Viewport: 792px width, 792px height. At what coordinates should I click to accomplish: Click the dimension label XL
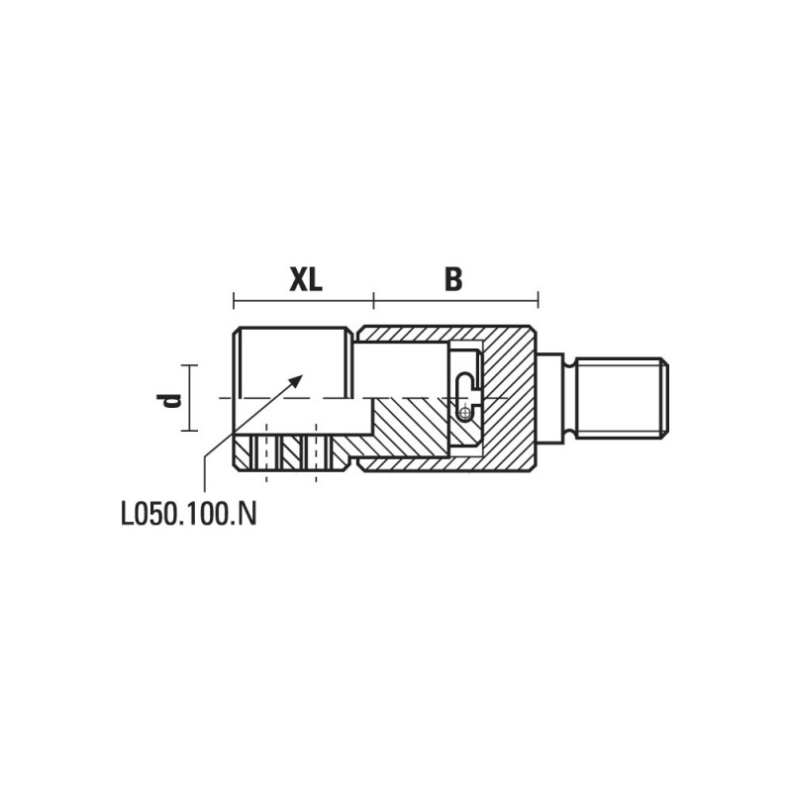point(306,279)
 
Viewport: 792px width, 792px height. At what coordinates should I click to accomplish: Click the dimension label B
point(453,279)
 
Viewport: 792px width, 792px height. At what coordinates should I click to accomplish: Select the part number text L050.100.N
point(188,514)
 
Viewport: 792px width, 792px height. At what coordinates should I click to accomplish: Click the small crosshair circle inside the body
point(464,414)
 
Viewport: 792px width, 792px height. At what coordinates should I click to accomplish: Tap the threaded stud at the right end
point(622,398)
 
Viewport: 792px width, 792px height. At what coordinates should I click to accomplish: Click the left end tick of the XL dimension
point(234,300)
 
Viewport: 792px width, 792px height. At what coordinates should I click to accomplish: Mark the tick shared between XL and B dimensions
point(373,300)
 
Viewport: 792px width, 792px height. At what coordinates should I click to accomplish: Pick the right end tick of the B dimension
point(538,300)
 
